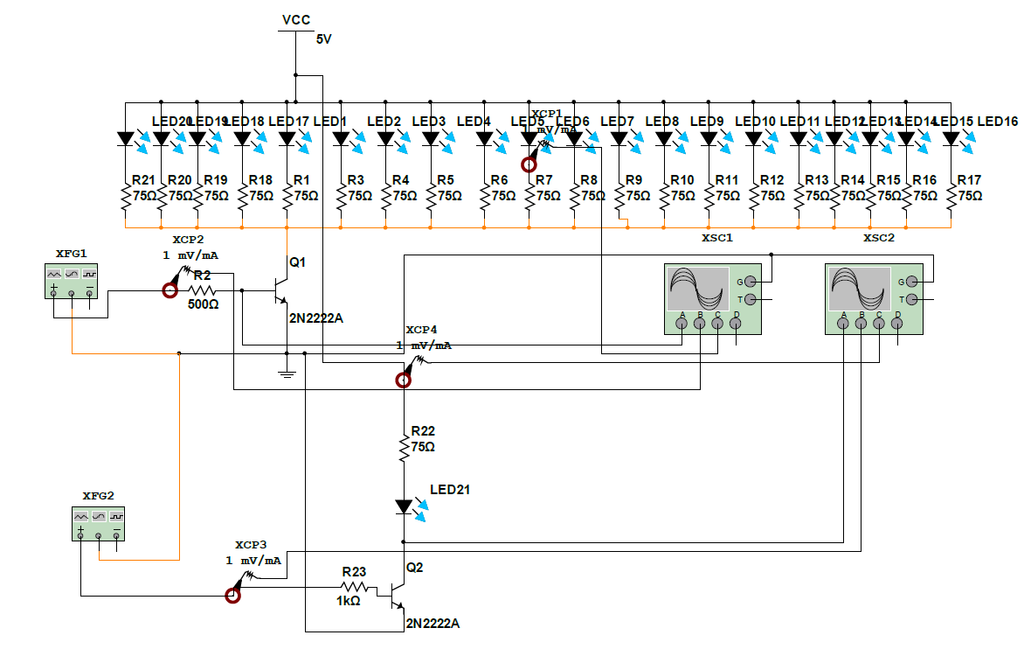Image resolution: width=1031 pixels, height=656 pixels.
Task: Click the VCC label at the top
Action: pyautogui.click(x=296, y=20)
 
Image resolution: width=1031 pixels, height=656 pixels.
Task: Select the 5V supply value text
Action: pyautogui.click(x=323, y=39)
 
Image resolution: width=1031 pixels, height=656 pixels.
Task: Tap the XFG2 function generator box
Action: pyautogui.click(x=98, y=522)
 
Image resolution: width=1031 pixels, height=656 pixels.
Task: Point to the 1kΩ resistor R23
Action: pyautogui.click(x=354, y=587)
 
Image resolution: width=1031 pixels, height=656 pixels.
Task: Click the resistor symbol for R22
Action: pyautogui.click(x=404, y=449)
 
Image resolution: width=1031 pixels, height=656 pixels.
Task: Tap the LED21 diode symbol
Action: pyautogui.click(x=404, y=506)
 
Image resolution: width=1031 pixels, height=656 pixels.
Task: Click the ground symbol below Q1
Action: pyautogui.click(x=287, y=373)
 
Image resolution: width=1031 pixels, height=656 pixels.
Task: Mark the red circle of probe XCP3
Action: pyautogui.click(x=232, y=596)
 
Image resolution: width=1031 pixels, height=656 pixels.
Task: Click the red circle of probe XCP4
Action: pyautogui.click(x=403, y=380)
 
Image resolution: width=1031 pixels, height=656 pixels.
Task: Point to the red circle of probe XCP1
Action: pyautogui.click(x=529, y=164)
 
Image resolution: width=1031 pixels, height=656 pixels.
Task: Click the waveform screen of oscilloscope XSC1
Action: pyautogui.click(x=697, y=288)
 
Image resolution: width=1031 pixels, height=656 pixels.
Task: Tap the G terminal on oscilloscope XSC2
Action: pyautogui.click(x=911, y=282)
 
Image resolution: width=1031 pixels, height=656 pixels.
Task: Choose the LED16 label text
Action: pyautogui.click(x=997, y=122)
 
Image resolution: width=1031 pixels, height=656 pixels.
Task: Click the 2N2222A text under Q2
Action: pyautogui.click(x=432, y=624)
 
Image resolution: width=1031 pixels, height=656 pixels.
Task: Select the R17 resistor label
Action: pyautogui.click(x=969, y=180)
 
